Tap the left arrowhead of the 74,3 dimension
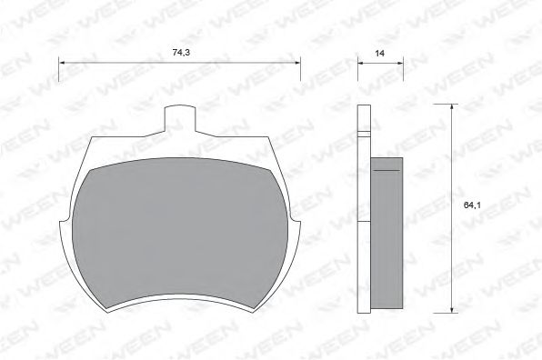(x=63, y=62)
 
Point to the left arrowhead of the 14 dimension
(x=360, y=62)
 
